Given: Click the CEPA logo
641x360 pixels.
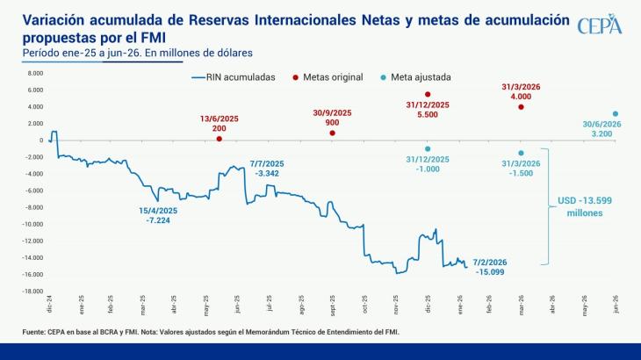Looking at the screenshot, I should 600,26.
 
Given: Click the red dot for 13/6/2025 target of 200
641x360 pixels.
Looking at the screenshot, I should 219,139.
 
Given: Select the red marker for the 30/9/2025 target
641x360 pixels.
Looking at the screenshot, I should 332,133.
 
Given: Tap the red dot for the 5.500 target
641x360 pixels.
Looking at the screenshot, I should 428,94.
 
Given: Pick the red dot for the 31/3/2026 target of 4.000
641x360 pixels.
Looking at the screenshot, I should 521,107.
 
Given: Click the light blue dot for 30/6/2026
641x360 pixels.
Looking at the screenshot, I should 615,113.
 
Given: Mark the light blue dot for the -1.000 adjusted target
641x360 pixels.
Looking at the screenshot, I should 428,148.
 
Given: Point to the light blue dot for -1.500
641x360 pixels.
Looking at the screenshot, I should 521,153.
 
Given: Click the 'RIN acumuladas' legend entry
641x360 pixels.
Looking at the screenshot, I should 234,77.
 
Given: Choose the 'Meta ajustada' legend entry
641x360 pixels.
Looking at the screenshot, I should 417,77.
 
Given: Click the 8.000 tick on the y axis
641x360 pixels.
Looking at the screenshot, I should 35,90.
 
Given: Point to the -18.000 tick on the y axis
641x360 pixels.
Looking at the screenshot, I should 33,292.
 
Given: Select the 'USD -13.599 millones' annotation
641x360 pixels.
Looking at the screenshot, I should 586,207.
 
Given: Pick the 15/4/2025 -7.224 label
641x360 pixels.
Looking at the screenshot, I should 158,215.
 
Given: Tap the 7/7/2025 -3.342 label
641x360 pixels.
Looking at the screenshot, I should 268,169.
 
